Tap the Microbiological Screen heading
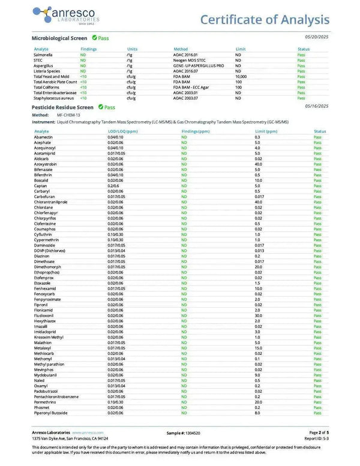click(59, 38)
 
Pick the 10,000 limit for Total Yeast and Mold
click(241, 77)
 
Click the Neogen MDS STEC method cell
click(187, 60)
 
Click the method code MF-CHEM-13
click(67, 114)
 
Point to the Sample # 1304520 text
click(184, 432)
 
